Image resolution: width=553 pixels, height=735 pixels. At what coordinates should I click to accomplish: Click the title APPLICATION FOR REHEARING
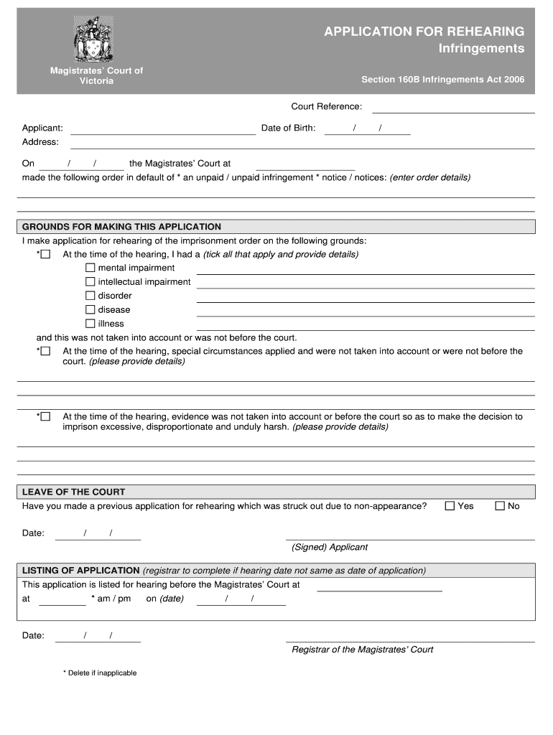424,32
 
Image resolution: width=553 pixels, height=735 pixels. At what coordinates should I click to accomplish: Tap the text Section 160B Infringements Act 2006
442,80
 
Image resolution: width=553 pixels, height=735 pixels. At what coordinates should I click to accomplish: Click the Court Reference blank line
453,108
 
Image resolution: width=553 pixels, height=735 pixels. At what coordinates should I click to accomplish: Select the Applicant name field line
163,129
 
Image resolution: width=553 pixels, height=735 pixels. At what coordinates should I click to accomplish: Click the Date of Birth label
288,128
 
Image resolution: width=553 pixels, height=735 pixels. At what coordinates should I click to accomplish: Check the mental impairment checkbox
90,268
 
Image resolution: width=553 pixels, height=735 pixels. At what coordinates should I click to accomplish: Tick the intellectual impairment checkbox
90,281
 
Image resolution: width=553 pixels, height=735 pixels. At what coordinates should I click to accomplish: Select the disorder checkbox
90,295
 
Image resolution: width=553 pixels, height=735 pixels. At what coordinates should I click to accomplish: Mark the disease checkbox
90,309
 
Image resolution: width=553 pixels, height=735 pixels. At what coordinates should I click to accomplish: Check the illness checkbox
90,323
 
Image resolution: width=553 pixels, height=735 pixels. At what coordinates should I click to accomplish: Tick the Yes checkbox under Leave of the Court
450,506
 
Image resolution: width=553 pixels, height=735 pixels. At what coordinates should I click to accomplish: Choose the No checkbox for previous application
501,506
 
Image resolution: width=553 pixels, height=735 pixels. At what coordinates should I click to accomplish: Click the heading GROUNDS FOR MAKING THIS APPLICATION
122,227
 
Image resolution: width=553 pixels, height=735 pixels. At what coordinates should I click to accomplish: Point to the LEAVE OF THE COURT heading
74,492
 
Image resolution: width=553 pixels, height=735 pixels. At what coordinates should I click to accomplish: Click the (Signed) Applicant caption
330,547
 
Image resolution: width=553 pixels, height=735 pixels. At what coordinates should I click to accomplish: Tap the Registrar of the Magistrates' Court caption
363,650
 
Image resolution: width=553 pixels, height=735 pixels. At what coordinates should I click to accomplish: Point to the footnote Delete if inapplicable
102,673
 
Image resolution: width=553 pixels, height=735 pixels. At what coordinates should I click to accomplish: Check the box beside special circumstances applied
46,351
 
